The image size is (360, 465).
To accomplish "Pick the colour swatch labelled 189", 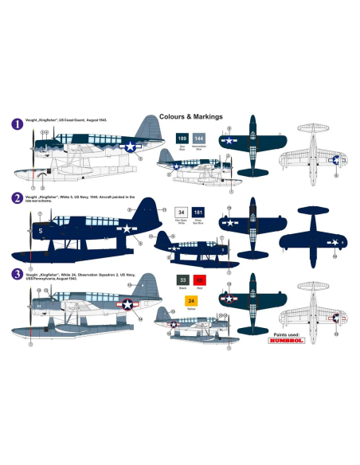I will [x=182, y=138].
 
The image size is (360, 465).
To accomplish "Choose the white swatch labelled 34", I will [x=182, y=212].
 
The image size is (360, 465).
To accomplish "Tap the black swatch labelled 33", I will [x=182, y=279].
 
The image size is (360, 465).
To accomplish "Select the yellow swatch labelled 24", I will [x=191, y=300].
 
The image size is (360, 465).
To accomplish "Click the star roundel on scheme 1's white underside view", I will [x=335, y=160].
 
